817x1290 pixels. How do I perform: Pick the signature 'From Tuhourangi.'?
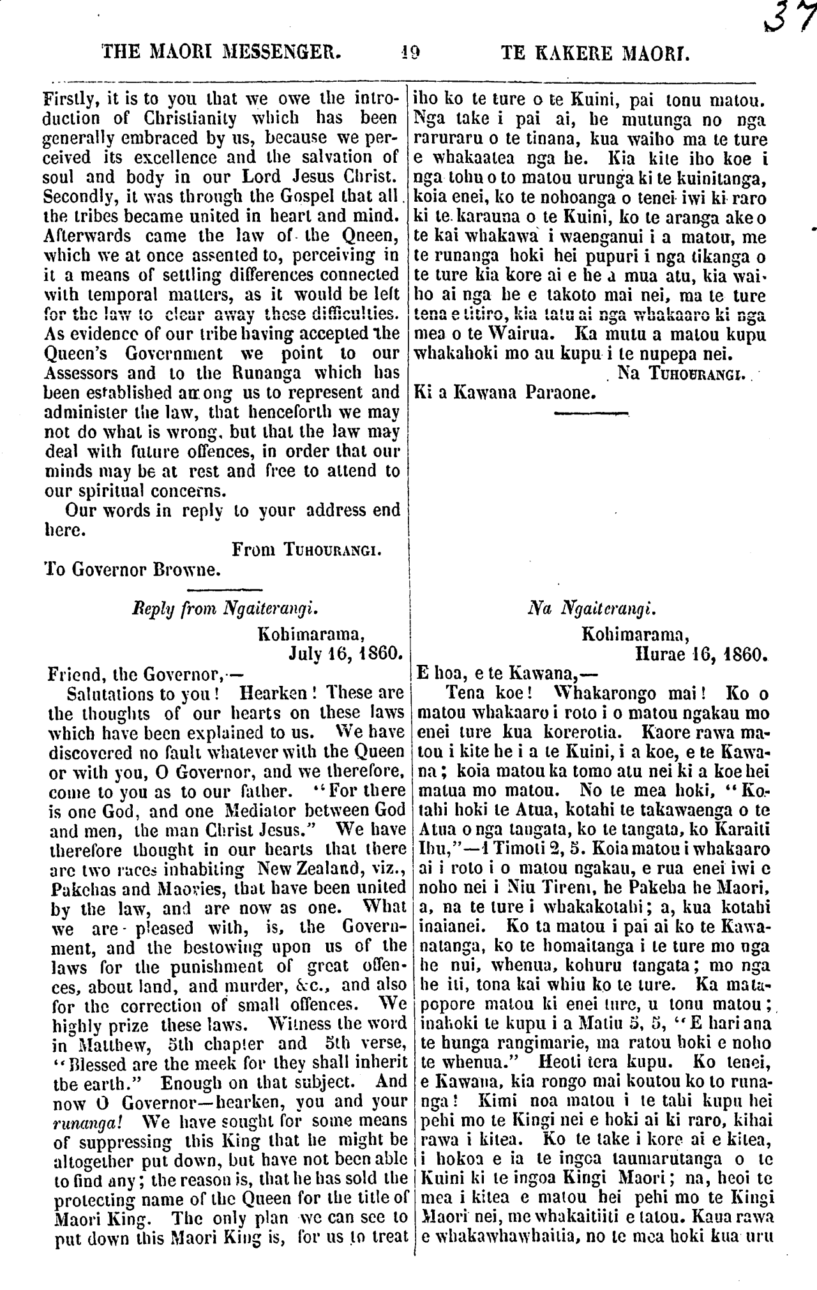tap(307, 549)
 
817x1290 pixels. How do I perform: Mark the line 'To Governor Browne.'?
tap(133, 568)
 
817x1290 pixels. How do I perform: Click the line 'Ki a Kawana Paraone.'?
tap(505, 391)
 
